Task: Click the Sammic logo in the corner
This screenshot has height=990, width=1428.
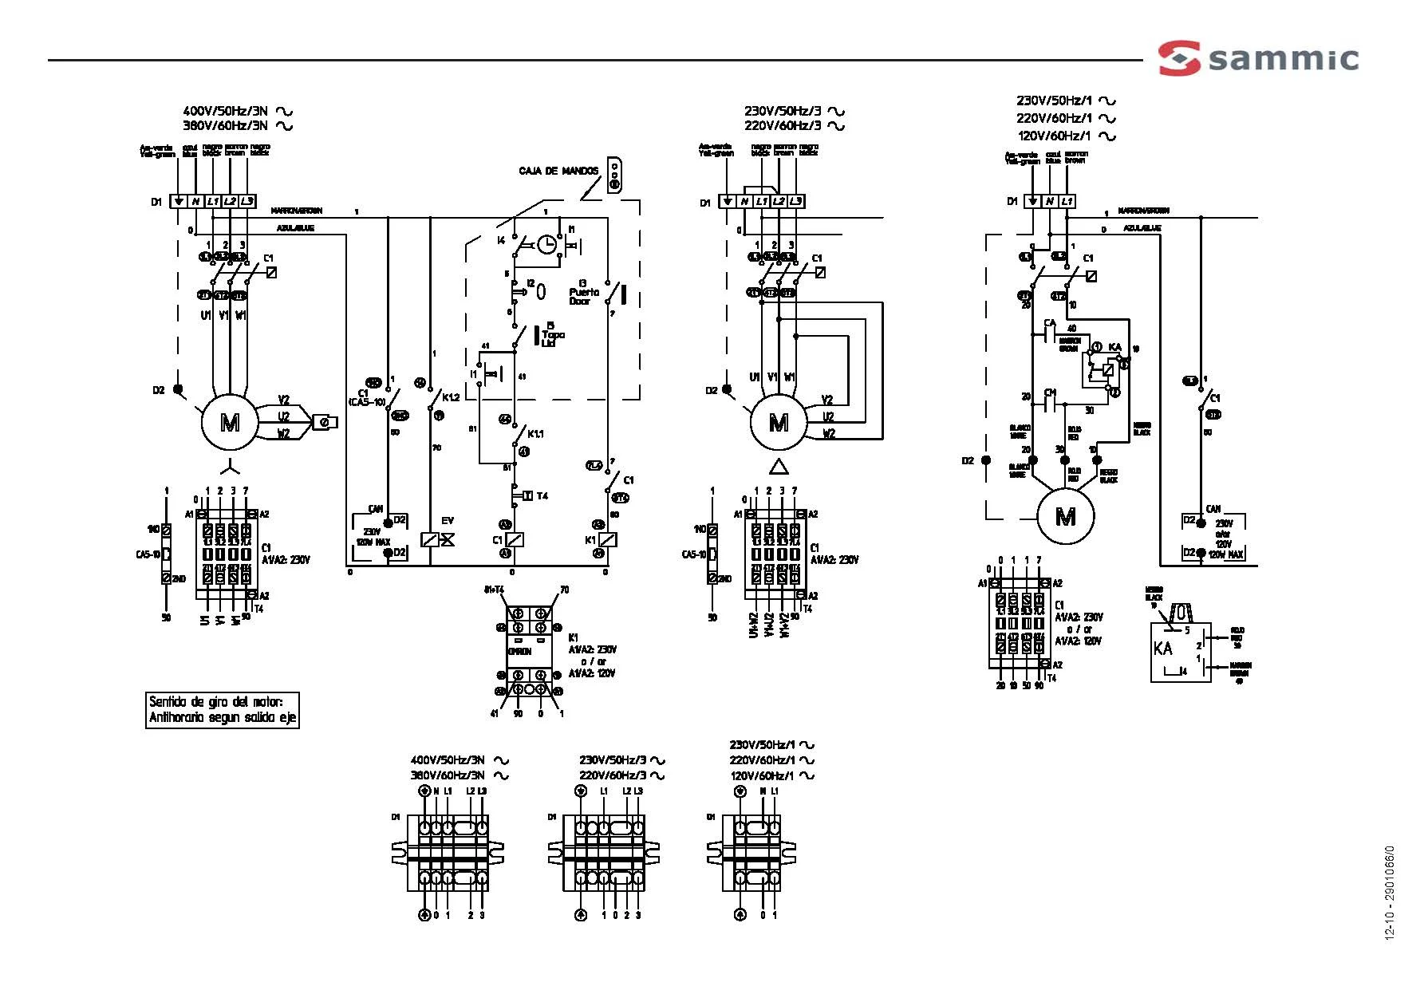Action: click(1258, 58)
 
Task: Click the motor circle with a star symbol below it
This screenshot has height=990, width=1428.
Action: click(229, 422)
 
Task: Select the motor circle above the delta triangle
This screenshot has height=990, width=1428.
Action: click(778, 422)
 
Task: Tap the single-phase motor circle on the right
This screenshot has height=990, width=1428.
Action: click(1065, 516)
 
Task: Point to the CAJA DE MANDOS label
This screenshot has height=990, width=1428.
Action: click(558, 171)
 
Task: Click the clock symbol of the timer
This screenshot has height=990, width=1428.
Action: click(546, 244)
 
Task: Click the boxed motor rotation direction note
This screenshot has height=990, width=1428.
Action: click(222, 709)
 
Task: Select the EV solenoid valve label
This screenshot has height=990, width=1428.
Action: click(448, 521)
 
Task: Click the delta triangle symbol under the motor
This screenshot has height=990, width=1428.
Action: click(778, 467)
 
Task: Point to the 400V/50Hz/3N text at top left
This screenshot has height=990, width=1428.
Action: click(226, 112)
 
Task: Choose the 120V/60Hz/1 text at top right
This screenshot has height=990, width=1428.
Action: click(1053, 136)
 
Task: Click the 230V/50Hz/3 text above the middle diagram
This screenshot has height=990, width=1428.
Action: click(783, 112)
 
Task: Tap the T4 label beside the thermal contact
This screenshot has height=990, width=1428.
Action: click(542, 496)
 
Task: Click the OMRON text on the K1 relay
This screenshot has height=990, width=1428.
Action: click(519, 652)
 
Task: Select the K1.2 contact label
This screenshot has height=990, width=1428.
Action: click(451, 397)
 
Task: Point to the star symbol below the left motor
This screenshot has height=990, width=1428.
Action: click(229, 463)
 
